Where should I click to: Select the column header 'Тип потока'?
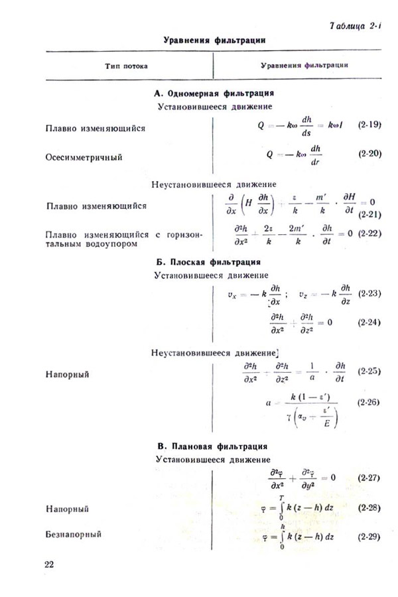tap(126, 66)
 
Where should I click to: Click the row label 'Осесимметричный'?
tap(84, 158)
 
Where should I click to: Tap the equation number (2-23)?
tap(368, 293)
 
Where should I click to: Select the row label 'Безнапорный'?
tap(74, 535)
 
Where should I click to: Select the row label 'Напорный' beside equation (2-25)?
tap(67, 374)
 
